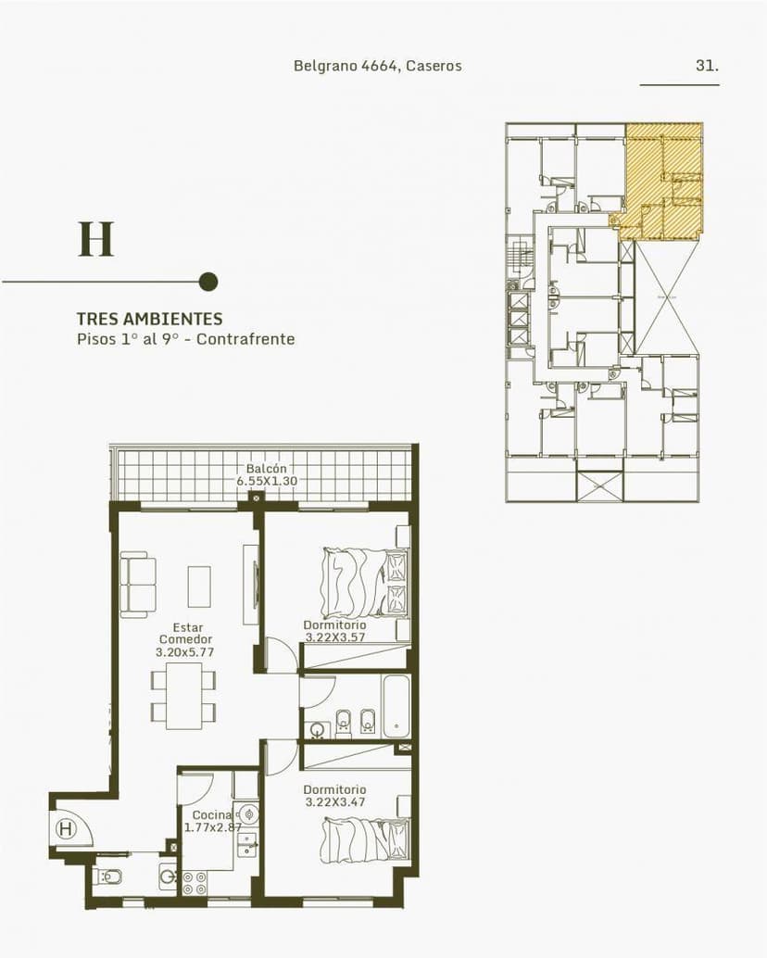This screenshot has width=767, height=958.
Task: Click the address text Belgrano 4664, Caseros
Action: pos(377,66)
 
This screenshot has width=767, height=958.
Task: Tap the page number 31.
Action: pos(707,66)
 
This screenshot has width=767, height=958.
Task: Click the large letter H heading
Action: pos(95,239)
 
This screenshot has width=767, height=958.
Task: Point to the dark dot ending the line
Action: pos(208,282)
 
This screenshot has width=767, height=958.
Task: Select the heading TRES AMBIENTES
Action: pos(149,319)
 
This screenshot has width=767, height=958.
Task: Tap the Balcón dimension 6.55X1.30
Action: pos(266,482)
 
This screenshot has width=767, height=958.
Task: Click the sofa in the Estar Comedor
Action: pos(137,585)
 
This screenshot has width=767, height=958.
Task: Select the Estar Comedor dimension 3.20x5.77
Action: pos(185,652)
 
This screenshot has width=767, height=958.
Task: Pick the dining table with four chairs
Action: pos(183,694)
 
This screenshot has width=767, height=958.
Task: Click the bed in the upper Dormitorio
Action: pos(363,582)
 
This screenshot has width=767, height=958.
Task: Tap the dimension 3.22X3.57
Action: pos(334,637)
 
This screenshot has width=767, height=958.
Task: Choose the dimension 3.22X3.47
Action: pos(334,801)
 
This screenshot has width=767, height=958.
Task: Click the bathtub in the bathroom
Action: pos(396,706)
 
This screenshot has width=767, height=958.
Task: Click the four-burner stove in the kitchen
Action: pos(195,883)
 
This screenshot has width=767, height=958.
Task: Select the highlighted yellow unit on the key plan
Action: pos(663,181)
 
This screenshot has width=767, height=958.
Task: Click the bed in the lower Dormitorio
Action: pos(363,839)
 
